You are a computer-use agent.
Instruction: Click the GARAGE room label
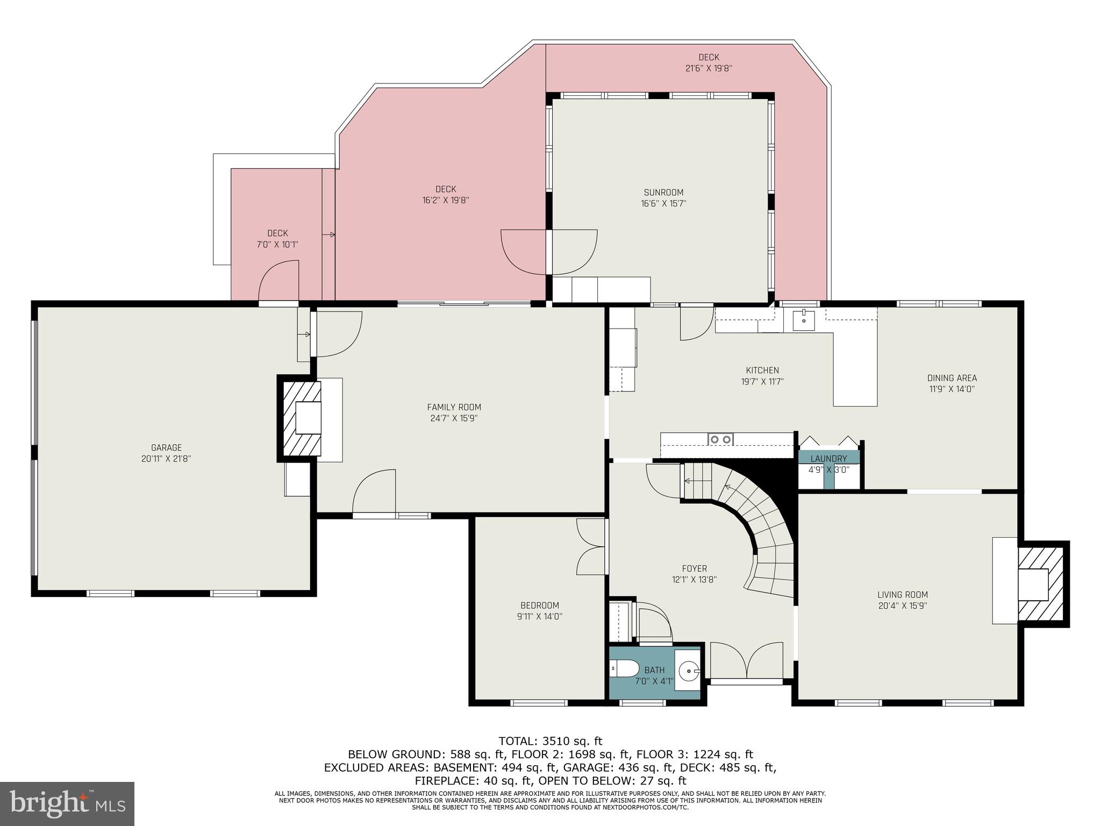[166, 447]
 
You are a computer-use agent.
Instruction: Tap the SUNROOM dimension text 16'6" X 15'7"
[663, 203]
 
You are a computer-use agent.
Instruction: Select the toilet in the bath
[624, 669]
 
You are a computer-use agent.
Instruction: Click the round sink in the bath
[688, 671]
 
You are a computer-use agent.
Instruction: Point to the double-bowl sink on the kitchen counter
[720, 439]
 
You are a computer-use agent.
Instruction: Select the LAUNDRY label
[828, 459]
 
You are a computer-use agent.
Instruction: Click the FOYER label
[694, 568]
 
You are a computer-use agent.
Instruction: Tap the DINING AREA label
[952, 378]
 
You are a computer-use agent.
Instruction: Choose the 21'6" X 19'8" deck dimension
[709, 68]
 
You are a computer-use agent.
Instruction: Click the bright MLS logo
[67, 803]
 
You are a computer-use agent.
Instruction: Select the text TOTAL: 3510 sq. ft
[550, 742]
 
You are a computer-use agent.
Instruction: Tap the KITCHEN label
[762, 371]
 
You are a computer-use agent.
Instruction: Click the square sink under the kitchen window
[803, 321]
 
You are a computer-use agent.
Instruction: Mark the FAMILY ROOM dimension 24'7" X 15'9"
[454, 418]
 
